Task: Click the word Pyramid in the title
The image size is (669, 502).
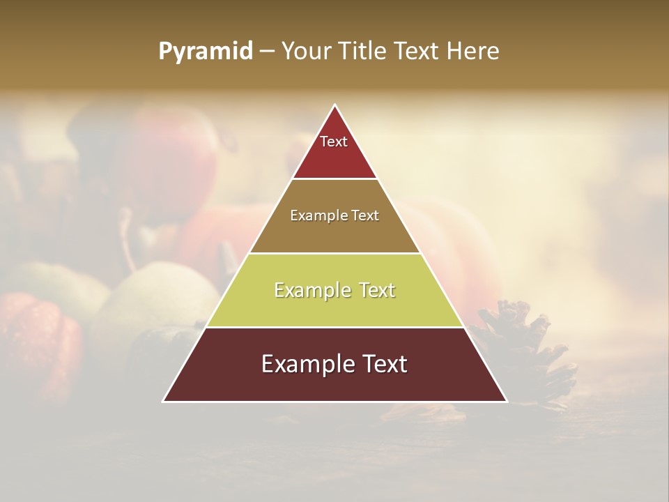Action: [x=205, y=52]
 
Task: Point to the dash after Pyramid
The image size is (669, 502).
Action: [x=266, y=52]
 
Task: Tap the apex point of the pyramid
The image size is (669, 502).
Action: [x=335, y=106]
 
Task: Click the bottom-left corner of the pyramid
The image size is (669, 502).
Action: [x=164, y=401]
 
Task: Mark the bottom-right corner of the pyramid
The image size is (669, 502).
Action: [x=506, y=401]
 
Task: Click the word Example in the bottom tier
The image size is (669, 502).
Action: [x=305, y=364]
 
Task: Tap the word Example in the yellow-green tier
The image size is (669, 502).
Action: [x=310, y=290]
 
